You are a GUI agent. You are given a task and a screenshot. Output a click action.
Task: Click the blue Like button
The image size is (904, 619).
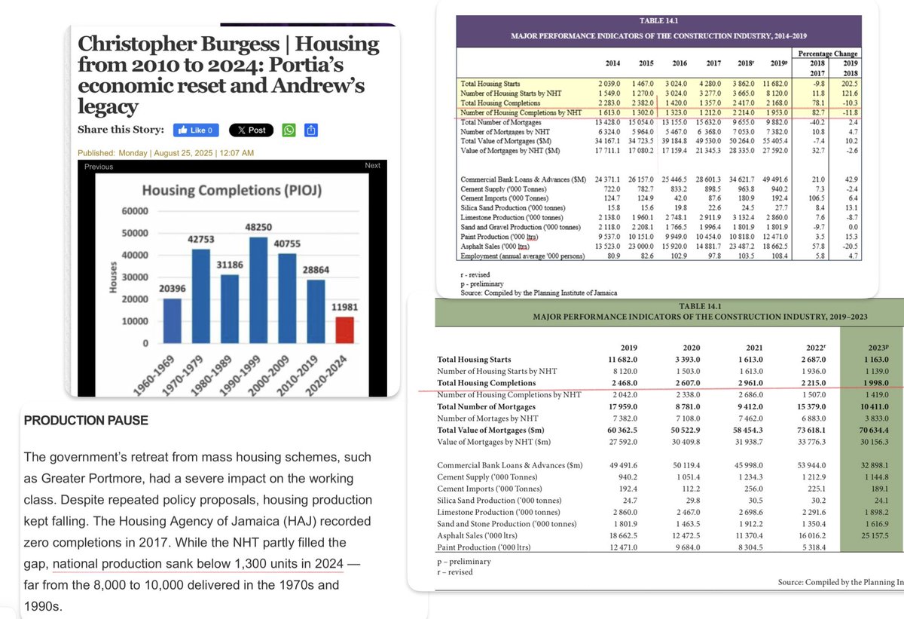coord(196,130)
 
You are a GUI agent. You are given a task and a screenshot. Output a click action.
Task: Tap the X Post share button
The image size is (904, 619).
coord(251,130)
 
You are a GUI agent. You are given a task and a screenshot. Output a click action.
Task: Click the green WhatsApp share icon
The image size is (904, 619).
coord(289,130)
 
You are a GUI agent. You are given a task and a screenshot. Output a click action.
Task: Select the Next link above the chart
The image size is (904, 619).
coord(372,166)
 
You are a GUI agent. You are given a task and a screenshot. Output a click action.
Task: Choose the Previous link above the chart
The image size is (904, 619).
coord(99,167)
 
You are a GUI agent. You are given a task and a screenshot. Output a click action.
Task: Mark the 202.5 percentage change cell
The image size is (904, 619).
coord(852,84)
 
